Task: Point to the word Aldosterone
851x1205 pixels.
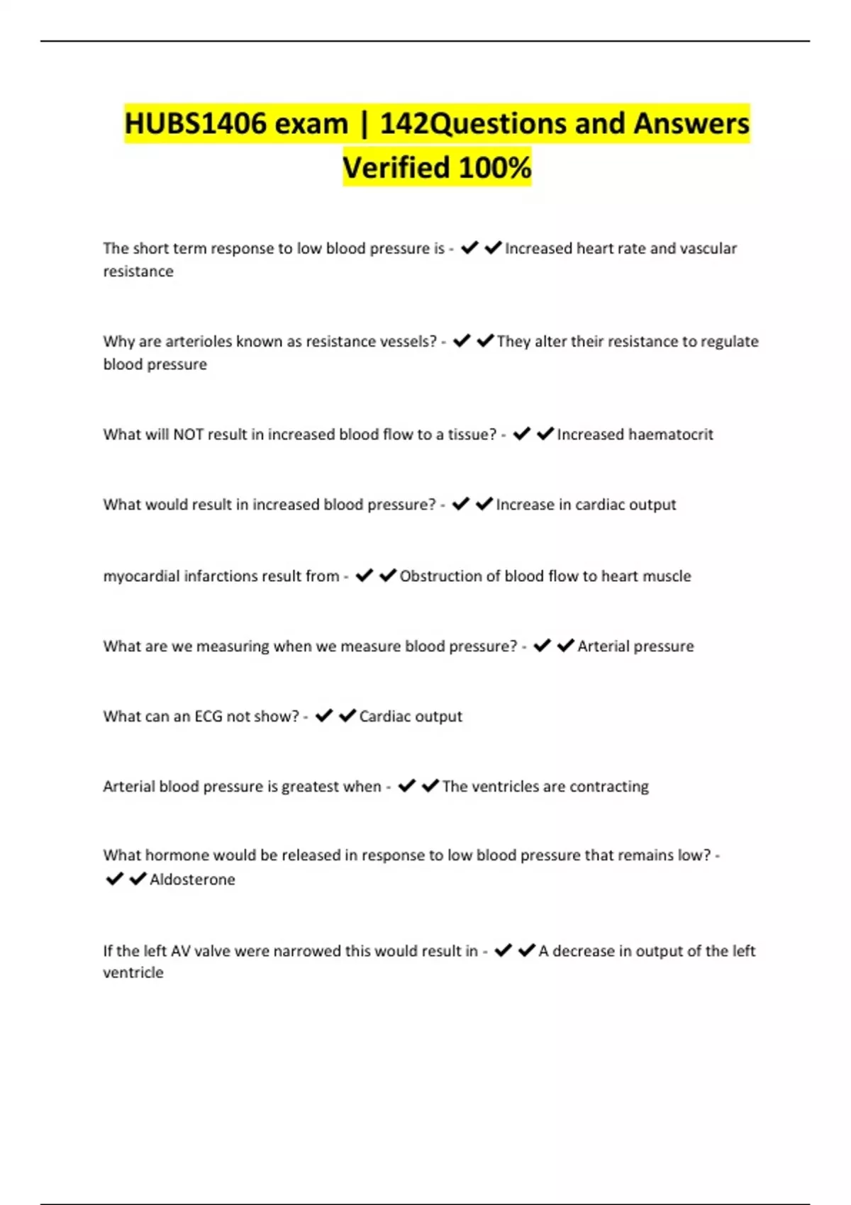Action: (x=192, y=880)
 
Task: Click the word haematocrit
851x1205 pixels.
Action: (x=671, y=435)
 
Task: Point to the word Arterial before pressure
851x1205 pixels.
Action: (x=604, y=646)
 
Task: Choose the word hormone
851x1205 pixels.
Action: (x=177, y=856)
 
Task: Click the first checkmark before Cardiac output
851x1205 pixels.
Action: (x=324, y=716)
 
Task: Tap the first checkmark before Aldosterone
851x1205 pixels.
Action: (x=114, y=879)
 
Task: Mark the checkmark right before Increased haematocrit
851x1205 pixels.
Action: (x=545, y=434)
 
